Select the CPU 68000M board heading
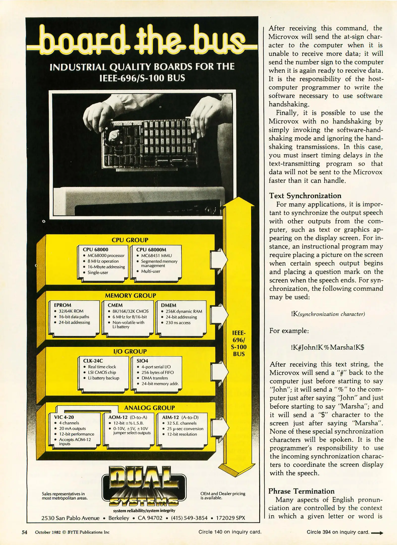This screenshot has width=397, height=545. point(151,250)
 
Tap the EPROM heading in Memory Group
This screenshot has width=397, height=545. point(63,305)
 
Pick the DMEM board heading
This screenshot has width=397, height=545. point(168,305)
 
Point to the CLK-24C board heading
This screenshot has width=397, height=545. point(93,361)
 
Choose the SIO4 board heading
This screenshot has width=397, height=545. point(142,361)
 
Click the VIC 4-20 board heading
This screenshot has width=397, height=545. point(64,417)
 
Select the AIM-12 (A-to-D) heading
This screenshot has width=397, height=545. point(180,418)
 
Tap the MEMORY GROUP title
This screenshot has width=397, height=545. point(130,295)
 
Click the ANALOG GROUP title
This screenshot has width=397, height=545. point(149,408)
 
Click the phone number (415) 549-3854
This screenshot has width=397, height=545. point(189,518)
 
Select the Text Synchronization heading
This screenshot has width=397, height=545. point(305,196)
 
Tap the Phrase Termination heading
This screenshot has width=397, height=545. point(301,491)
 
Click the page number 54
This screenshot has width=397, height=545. point(24,532)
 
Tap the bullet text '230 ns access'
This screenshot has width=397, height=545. point(178,323)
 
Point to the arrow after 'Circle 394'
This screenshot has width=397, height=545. point(377,533)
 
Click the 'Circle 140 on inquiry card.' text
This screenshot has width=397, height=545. point(230,532)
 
